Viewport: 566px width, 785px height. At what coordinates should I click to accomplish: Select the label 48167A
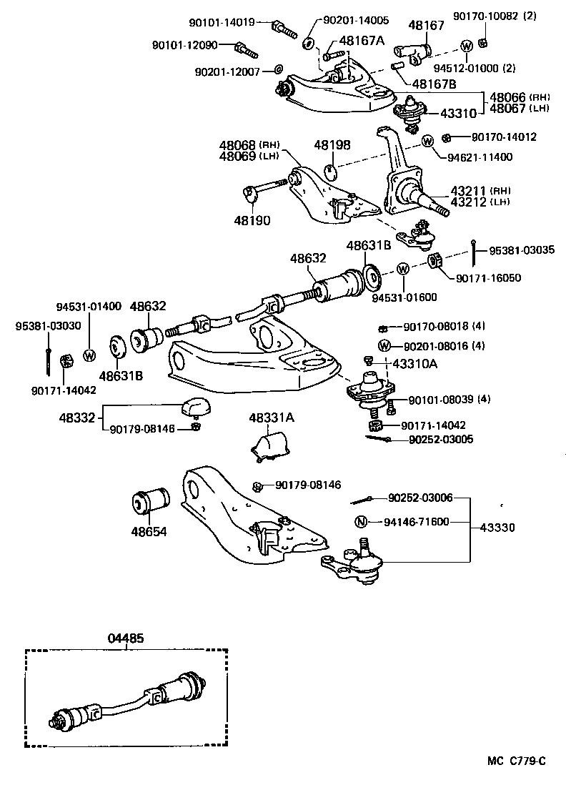[362, 41]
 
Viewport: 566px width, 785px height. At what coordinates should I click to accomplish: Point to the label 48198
[332, 144]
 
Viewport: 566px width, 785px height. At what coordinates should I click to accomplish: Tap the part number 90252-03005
[441, 440]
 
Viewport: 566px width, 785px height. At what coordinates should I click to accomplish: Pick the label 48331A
[271, 418]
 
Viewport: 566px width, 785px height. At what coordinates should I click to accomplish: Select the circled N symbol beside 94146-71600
[361, 521]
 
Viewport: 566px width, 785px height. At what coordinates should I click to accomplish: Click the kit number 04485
[126, 638]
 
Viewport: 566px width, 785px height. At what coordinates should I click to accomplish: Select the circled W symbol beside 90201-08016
[384, 346]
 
